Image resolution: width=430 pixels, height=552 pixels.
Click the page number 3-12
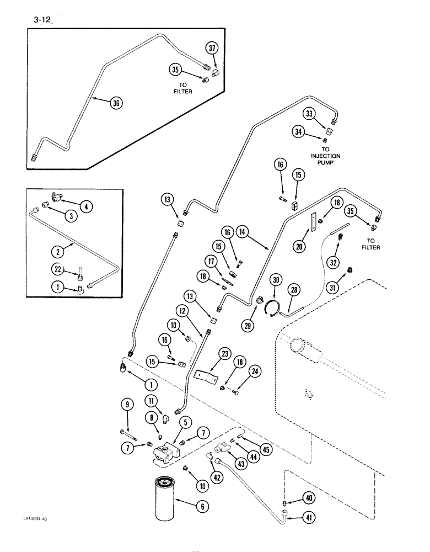coord(34,21)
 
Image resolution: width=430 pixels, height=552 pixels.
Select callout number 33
coord(310,114)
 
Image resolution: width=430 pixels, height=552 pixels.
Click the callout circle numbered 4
coord(85,206)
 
